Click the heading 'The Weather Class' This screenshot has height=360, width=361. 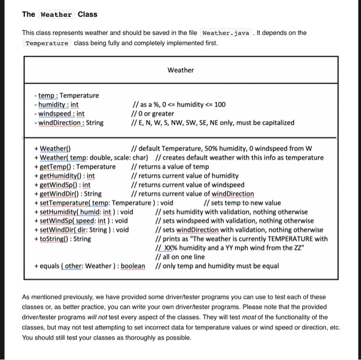(x=59, y=14)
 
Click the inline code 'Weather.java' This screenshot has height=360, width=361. (x=226, y=33)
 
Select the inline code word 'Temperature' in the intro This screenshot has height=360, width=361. (x=47, y=43)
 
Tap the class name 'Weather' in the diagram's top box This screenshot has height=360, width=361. (x=180, y=70)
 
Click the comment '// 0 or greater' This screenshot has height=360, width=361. (x=153, y=113)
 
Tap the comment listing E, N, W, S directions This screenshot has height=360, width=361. (x=214, y=123)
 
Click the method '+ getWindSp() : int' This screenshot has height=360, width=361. (x=62, y=185)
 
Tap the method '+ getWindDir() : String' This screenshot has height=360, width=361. (x=68, y=194)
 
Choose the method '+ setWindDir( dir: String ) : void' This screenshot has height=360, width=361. (x=81, y=230)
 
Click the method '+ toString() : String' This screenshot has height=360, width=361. (x=62, y=239)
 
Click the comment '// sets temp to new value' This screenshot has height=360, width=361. (x=243, y=203)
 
